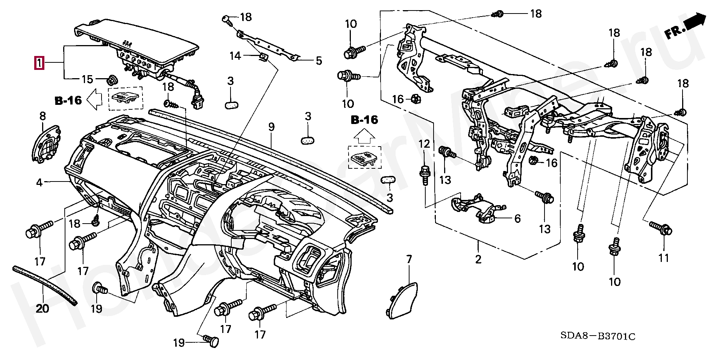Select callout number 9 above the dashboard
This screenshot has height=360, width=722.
click(x=272, y=127)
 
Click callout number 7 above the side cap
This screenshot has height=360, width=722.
click(x=409, y=259)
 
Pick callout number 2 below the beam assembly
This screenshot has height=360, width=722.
click(x=478, y=259)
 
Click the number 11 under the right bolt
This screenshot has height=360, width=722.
click(x=664, y=258)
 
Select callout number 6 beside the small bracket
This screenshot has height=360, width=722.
click(x=517, y=218)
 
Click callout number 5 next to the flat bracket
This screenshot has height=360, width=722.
click(x=319, y=61)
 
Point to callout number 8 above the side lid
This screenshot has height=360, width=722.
click(x=42, y=116)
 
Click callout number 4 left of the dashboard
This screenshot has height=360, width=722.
click(x=39, y=183)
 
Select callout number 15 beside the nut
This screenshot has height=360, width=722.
click(x=87, y=79)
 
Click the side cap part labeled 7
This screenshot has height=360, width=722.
click(x=403, y=299)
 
